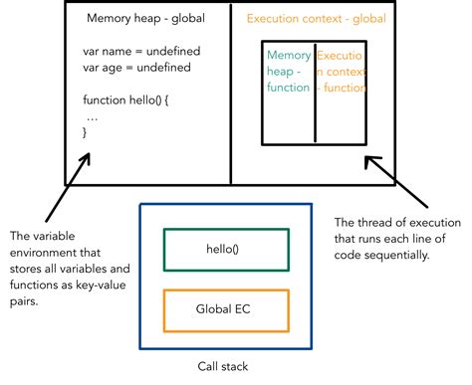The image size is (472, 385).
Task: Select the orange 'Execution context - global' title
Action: coord(316,19)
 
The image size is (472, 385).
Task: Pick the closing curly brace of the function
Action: coord(86,132)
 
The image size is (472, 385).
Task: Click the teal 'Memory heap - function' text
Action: coord(288,72)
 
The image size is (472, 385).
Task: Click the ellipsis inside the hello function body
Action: coord(93,115)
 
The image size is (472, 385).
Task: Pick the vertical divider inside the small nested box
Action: coord(315,93)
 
